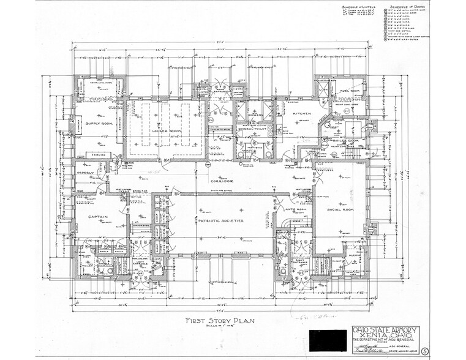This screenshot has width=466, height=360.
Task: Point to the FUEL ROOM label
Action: [350, 91]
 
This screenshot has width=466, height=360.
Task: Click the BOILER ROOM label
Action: [347, 141]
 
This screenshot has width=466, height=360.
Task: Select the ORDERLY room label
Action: [85, 173]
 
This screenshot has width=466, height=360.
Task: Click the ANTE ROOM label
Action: [295, 211]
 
